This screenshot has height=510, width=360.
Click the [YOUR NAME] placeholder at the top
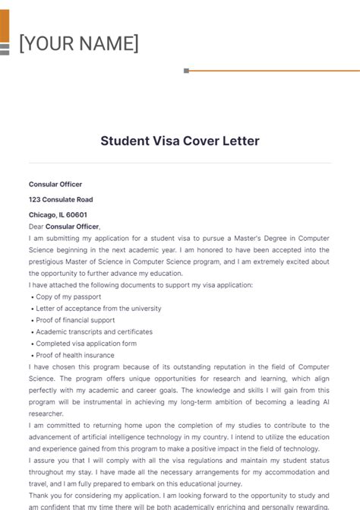78,43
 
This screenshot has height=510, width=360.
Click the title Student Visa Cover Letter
180,141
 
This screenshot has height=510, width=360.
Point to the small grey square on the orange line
186,71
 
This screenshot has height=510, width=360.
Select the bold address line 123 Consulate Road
61,199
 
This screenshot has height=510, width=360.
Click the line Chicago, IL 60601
58,214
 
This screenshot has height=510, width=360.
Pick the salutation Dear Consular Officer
65,226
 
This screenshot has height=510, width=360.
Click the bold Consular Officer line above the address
55,184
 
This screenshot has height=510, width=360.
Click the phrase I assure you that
58,461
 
